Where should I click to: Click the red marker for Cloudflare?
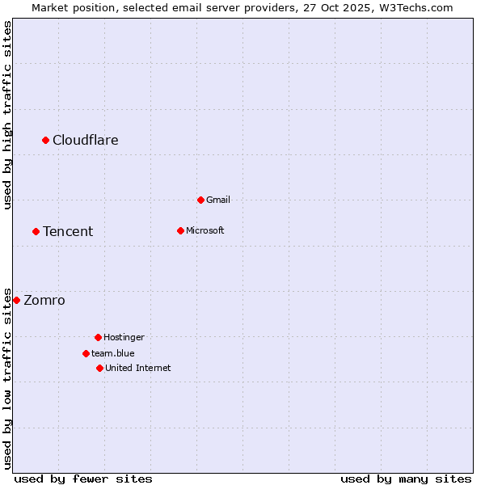46,140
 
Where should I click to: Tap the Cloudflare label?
86,140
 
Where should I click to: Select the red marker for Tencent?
36,231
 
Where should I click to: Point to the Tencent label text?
68,231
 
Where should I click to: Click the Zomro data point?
16,300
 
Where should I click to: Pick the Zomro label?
44,300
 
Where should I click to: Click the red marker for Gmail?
200,200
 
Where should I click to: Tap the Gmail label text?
218,200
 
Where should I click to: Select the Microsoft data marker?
180,230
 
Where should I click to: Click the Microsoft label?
205,230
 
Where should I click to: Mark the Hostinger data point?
98,337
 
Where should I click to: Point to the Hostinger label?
124,337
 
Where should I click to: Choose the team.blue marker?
86,353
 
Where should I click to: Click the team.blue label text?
113,353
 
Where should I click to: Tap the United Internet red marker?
99,368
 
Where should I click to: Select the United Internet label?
138,368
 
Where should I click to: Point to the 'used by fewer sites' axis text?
83,479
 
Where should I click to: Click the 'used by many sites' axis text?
406,479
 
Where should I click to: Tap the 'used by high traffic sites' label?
7,115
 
